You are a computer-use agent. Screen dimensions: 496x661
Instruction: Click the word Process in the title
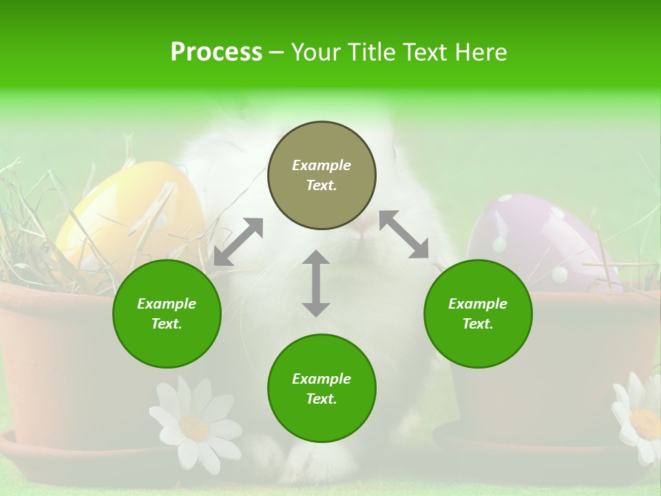tap(216, 52)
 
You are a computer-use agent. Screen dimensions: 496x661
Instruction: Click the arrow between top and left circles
tap(238, 242)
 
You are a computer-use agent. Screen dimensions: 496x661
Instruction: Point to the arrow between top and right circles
tap(403, 234)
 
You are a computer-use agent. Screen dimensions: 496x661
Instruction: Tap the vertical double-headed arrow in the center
tap(316, 283)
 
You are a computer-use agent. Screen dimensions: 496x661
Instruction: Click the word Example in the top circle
tap(322, 165)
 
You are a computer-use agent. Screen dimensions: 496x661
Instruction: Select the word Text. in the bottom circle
tap(322, 399)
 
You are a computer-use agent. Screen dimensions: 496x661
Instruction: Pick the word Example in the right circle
tap(478, 304)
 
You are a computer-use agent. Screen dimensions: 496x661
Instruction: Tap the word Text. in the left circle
tap(167, 324)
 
